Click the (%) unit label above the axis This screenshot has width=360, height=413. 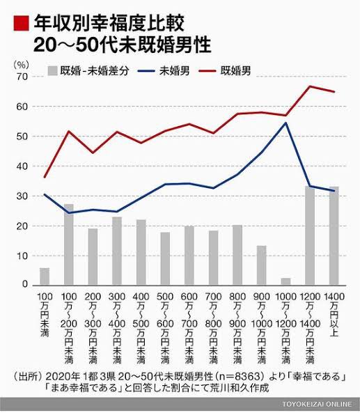point(21,63)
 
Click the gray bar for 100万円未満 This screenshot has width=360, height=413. point(45,276)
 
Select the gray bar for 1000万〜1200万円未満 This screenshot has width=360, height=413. point(285,281)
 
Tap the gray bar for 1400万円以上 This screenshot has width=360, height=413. point(334,236)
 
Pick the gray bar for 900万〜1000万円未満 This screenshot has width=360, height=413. point(261,265)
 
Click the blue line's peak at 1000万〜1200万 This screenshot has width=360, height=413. point(285,123)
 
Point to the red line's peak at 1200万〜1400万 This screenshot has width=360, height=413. point(310,86)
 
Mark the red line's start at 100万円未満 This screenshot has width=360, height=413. point(45,177)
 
